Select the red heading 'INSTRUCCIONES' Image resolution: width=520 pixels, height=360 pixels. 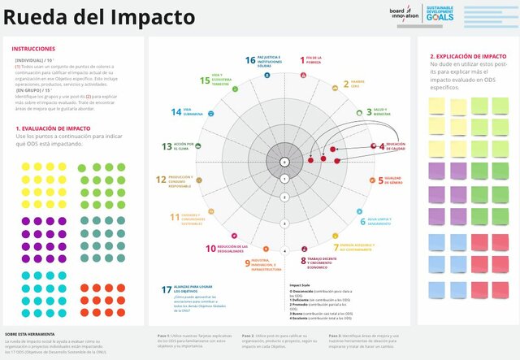coord(34,49)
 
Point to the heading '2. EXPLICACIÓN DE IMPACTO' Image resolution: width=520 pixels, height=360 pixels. coord(468,57)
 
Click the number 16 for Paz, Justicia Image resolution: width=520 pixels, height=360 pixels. coord(250,60)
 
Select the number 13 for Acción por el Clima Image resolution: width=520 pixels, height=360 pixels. coord(167,146)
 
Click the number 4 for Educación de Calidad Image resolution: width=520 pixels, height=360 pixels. coord(382,146)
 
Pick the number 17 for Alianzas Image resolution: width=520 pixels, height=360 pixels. coord(167,290)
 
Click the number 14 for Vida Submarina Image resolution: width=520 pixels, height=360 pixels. coord(175,112)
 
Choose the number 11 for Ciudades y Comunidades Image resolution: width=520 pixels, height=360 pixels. coord(173,217)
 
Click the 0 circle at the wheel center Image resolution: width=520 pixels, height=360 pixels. coord(284,163)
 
